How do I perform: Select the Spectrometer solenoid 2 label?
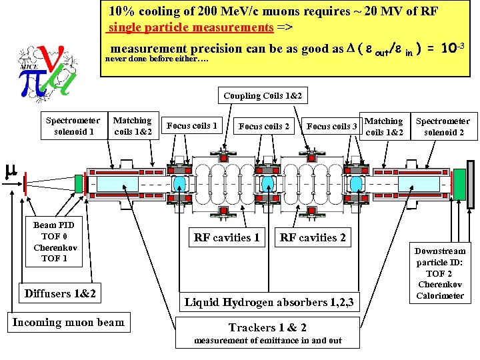443,127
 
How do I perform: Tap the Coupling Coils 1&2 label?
262,96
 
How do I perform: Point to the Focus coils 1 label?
192,125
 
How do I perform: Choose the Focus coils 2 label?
264,126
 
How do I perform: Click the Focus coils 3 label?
332,126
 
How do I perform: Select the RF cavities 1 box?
227,237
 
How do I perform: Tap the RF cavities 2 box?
313,237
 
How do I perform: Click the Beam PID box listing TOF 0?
54,242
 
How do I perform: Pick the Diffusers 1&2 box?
60,293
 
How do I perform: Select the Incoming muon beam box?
68,323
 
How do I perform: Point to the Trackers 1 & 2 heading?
267,327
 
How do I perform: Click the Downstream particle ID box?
440,273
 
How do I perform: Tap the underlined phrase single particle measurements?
191,28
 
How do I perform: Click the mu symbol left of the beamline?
10,171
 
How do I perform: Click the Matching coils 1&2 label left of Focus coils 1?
132,126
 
